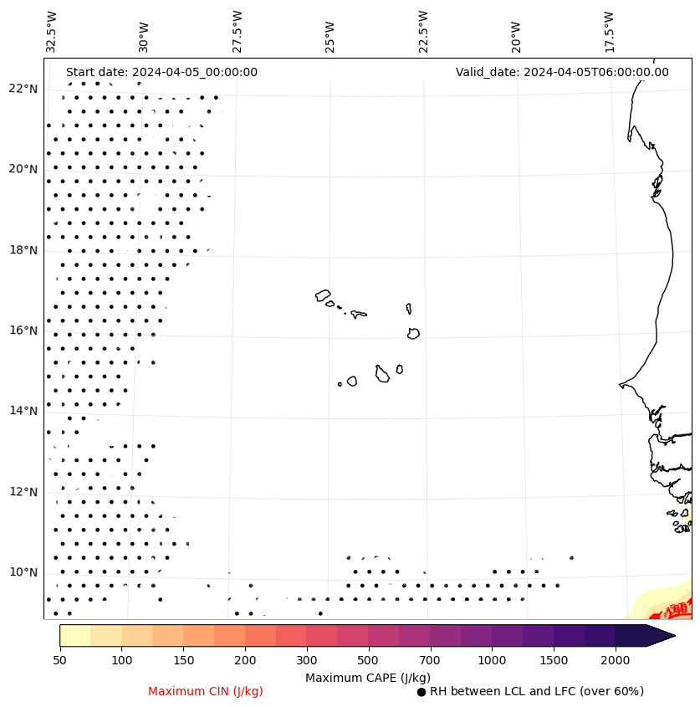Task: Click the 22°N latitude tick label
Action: pyautogui.click(x=23, y=89)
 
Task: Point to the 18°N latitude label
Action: pyautogui.click(x=23, y=250)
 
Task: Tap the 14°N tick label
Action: pyautogui.click(x=23, y=411)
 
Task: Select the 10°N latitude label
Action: pyautogui.click(x=23, y=572)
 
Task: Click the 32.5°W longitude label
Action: pyautogui.click(x=52, y=32)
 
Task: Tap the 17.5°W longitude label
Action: pyautogui.click(x=609, y=32)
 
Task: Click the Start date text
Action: pyautogui.click(x=161, y=72)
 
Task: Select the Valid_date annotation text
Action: pyautogui.click(x=562, y=72)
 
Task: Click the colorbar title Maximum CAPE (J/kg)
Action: pyautogui.click(x=367, y=678)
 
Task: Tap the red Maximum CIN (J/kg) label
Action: pyautogui.click(x=206, y=692)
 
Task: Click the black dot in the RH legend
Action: pyautogui.click(x=422, y=692)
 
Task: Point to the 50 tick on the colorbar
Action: pyautogui.click(x=59, y=661)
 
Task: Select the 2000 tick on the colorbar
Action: pyautogui.click(x=616, y=661)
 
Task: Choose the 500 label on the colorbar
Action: pyautogui.click(x=369, y=661)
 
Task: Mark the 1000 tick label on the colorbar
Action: pyautogui.click(x=492, y=661)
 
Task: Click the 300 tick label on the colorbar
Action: pyautogui.click(x=307, y=661)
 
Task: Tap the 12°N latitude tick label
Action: pyautogui.click(x=23, y=492)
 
